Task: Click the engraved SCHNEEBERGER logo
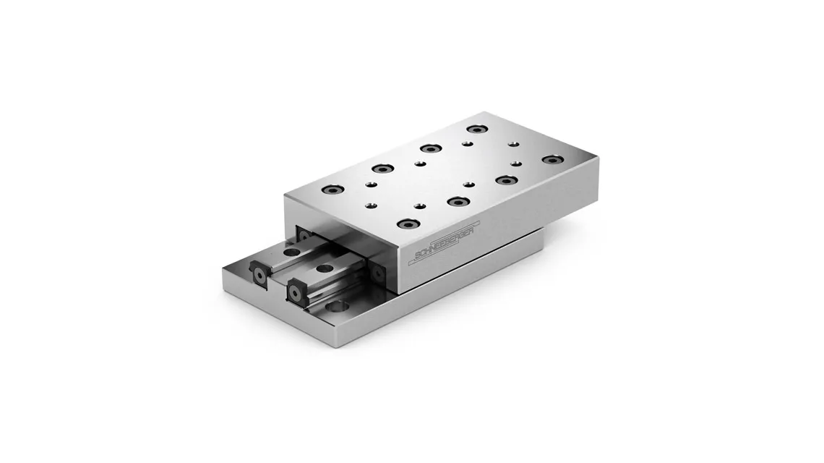click(446, 240)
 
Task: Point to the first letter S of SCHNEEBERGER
click(419, 255)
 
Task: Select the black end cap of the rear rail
click(261, 271)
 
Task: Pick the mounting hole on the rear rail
click(288, 252)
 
